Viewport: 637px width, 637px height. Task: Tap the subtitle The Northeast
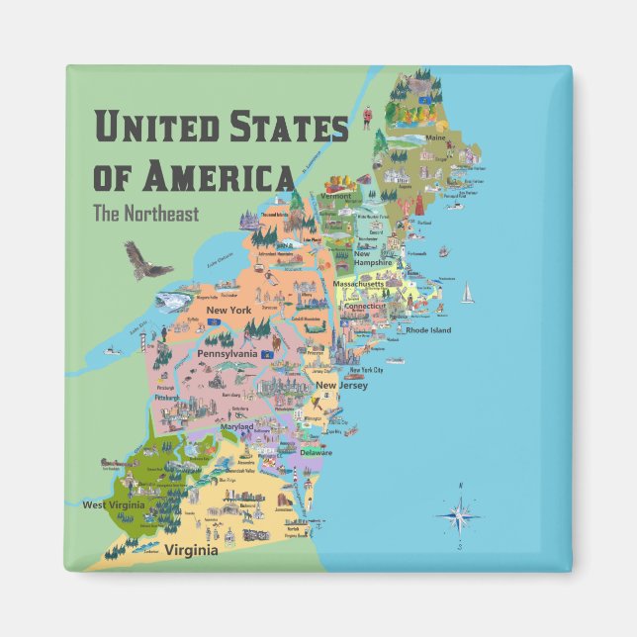coord(144,212)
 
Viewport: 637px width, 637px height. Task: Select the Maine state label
coord(436,137)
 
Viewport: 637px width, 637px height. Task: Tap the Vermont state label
coord(336,196)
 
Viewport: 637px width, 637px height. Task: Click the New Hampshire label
coord(374,258)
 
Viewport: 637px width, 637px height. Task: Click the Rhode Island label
coord(428,330)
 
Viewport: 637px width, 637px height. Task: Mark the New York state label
coord(227,311)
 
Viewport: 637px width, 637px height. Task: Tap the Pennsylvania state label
coord(227,353)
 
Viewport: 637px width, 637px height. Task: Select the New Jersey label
coord(342,385)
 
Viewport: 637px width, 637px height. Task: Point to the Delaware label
coord(317,452)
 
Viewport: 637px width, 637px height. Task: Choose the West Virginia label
coord(115,504)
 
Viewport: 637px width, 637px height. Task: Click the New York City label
coord(366,370)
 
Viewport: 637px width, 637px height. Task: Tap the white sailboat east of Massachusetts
coord(467,292)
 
